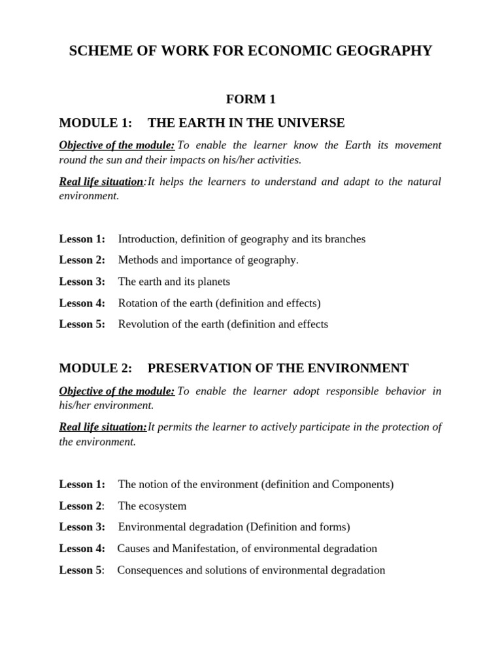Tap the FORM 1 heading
click(250, 99)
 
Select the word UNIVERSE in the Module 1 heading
click(309, 123)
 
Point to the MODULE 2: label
click(95, 368)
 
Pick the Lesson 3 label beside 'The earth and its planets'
click(82, 282)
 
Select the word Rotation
click(138, 303)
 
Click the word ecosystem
click(163, 506)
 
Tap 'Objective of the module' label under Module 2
click(116, 391)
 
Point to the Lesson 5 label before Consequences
click(81, 570)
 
